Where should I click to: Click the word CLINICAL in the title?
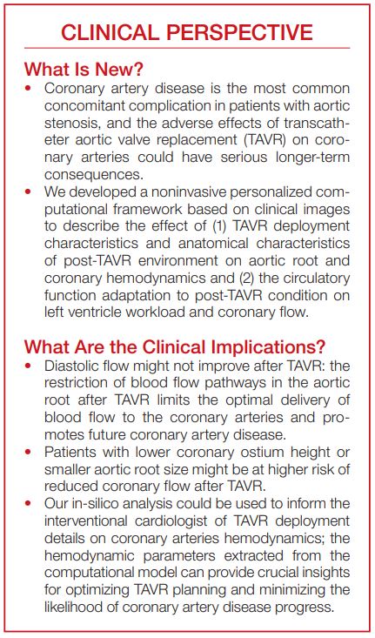click(x=110, y=33)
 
